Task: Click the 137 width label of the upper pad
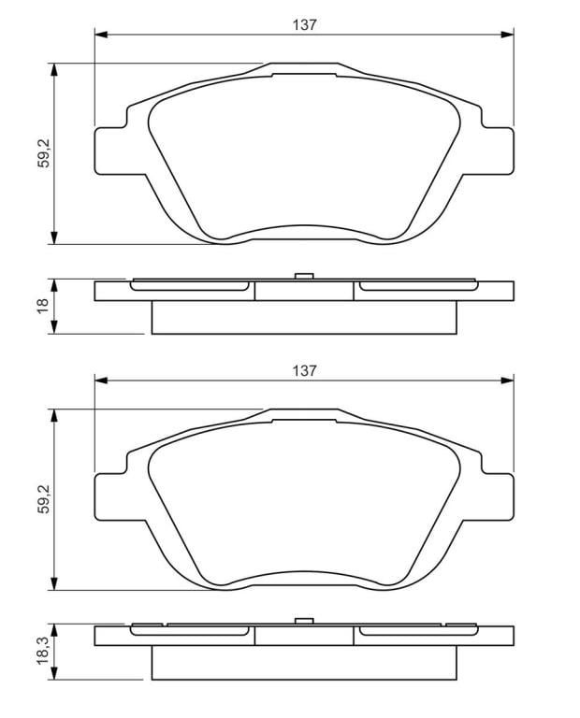(x=305, y=24)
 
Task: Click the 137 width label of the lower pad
(x=305, y=370)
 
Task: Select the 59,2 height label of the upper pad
(x=45, y=153)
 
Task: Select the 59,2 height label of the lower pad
(x=45, y=498)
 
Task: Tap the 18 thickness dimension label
(x=43, y=306)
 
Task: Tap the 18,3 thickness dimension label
(x=44, y=651)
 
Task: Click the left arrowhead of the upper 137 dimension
(x=101, y=35)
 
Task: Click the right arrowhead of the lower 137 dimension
(x=507, y=381)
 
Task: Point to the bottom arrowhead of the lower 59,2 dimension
(x=54, y=583)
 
